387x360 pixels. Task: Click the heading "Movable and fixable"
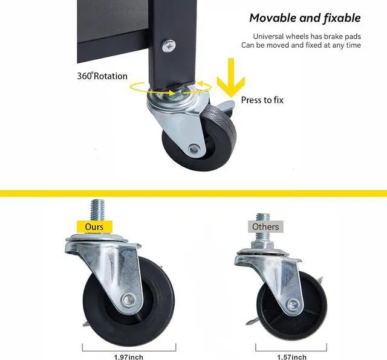(305, 18)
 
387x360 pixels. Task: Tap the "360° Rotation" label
(102, 76)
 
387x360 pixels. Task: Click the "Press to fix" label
(262, 100)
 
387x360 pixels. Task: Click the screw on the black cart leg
(169, 46)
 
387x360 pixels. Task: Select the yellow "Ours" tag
(94, 227)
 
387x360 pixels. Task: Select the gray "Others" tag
(265, 227)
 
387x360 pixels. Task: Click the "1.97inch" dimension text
(129, 357)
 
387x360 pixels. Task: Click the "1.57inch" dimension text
(291, 357)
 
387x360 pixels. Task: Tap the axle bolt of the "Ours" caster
(129, 300)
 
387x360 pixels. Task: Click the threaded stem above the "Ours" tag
(97, 210)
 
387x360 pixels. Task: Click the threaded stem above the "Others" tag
(262, 217)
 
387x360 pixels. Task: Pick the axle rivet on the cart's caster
(193, 149)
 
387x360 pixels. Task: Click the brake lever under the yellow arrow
(224, 106)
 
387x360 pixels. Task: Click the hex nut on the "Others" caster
(262, 245)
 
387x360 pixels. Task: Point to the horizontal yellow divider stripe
(193, 193)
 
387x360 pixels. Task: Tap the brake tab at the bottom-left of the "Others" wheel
(253, 321)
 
